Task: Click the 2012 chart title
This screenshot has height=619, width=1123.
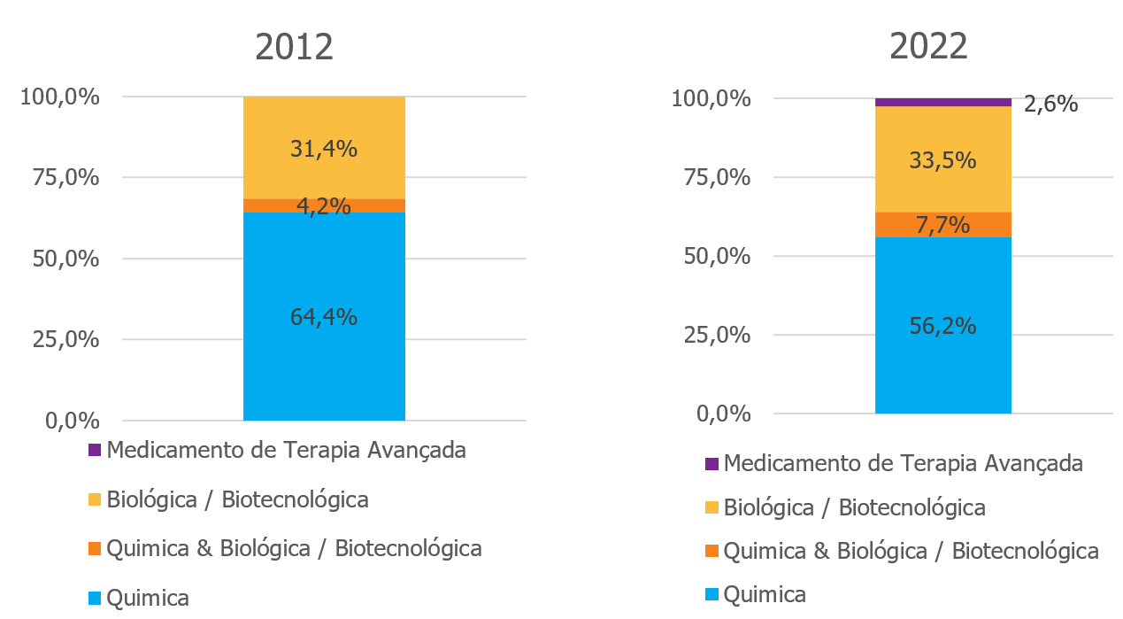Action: [294, 46]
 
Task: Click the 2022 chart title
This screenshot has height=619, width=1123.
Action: [928, 46]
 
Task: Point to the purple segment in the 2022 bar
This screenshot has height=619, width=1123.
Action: [942, 102]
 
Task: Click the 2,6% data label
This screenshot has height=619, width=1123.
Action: [1050, 104]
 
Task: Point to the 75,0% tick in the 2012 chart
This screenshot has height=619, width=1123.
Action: [59, 177]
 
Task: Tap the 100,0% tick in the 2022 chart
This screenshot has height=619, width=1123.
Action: [711, 98]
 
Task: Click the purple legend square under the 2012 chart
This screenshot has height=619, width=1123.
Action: [95, 450]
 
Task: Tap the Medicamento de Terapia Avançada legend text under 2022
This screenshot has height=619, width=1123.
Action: [903, 462]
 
